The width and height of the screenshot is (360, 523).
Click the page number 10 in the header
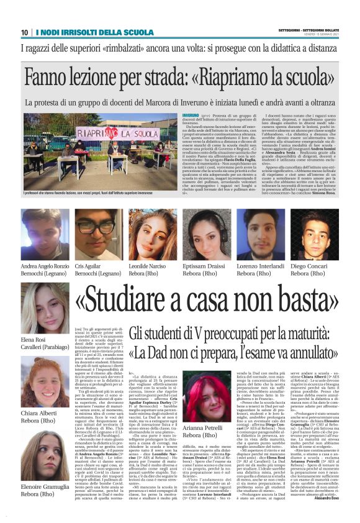pos(25,32)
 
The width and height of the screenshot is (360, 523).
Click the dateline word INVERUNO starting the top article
pos(191,116)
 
